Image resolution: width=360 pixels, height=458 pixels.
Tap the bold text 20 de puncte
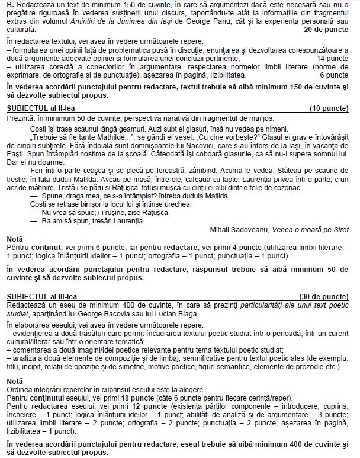(x=326, y=28)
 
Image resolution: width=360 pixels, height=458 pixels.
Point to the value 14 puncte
(x=333, y=59)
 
